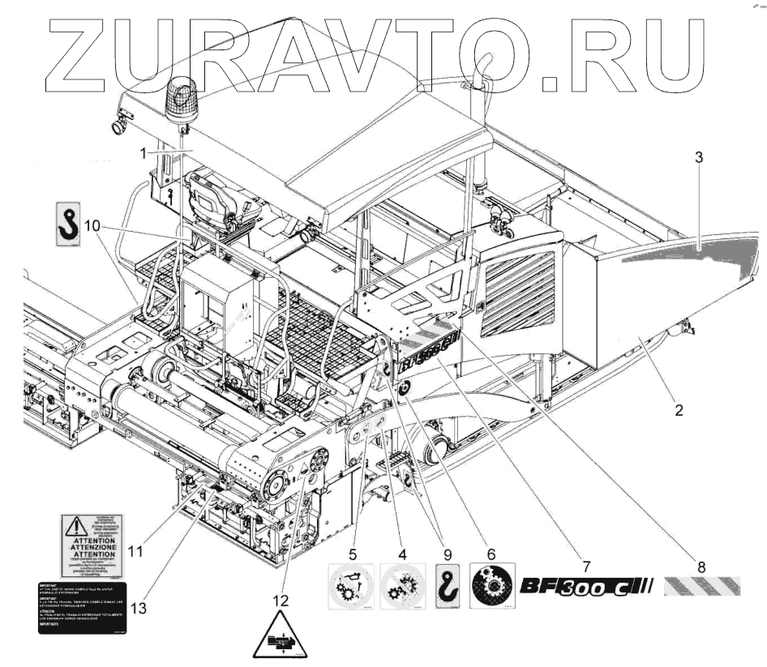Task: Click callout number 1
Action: coord(144,152)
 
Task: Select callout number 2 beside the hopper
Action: coord(678,409)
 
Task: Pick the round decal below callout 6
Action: coord(491,587)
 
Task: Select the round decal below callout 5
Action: coord(350,587)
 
